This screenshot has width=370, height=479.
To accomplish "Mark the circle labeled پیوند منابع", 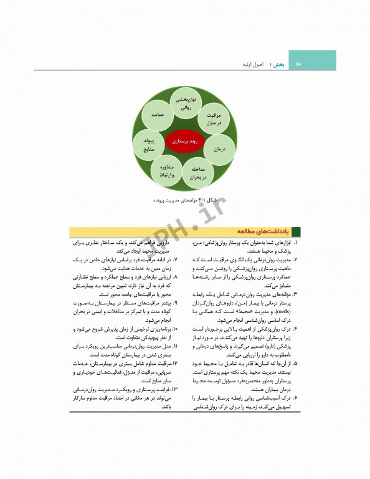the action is click(148, 145).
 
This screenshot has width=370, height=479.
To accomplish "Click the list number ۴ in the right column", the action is click(295, 329).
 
